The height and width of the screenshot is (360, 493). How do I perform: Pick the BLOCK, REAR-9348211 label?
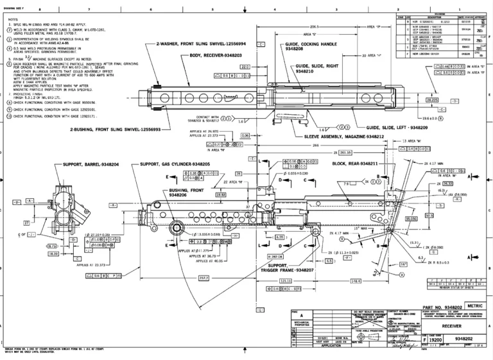click(354, 164)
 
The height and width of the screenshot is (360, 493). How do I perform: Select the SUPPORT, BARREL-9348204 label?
click(91, 164)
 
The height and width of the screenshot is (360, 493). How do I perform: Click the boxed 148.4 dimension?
click(354, 281)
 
